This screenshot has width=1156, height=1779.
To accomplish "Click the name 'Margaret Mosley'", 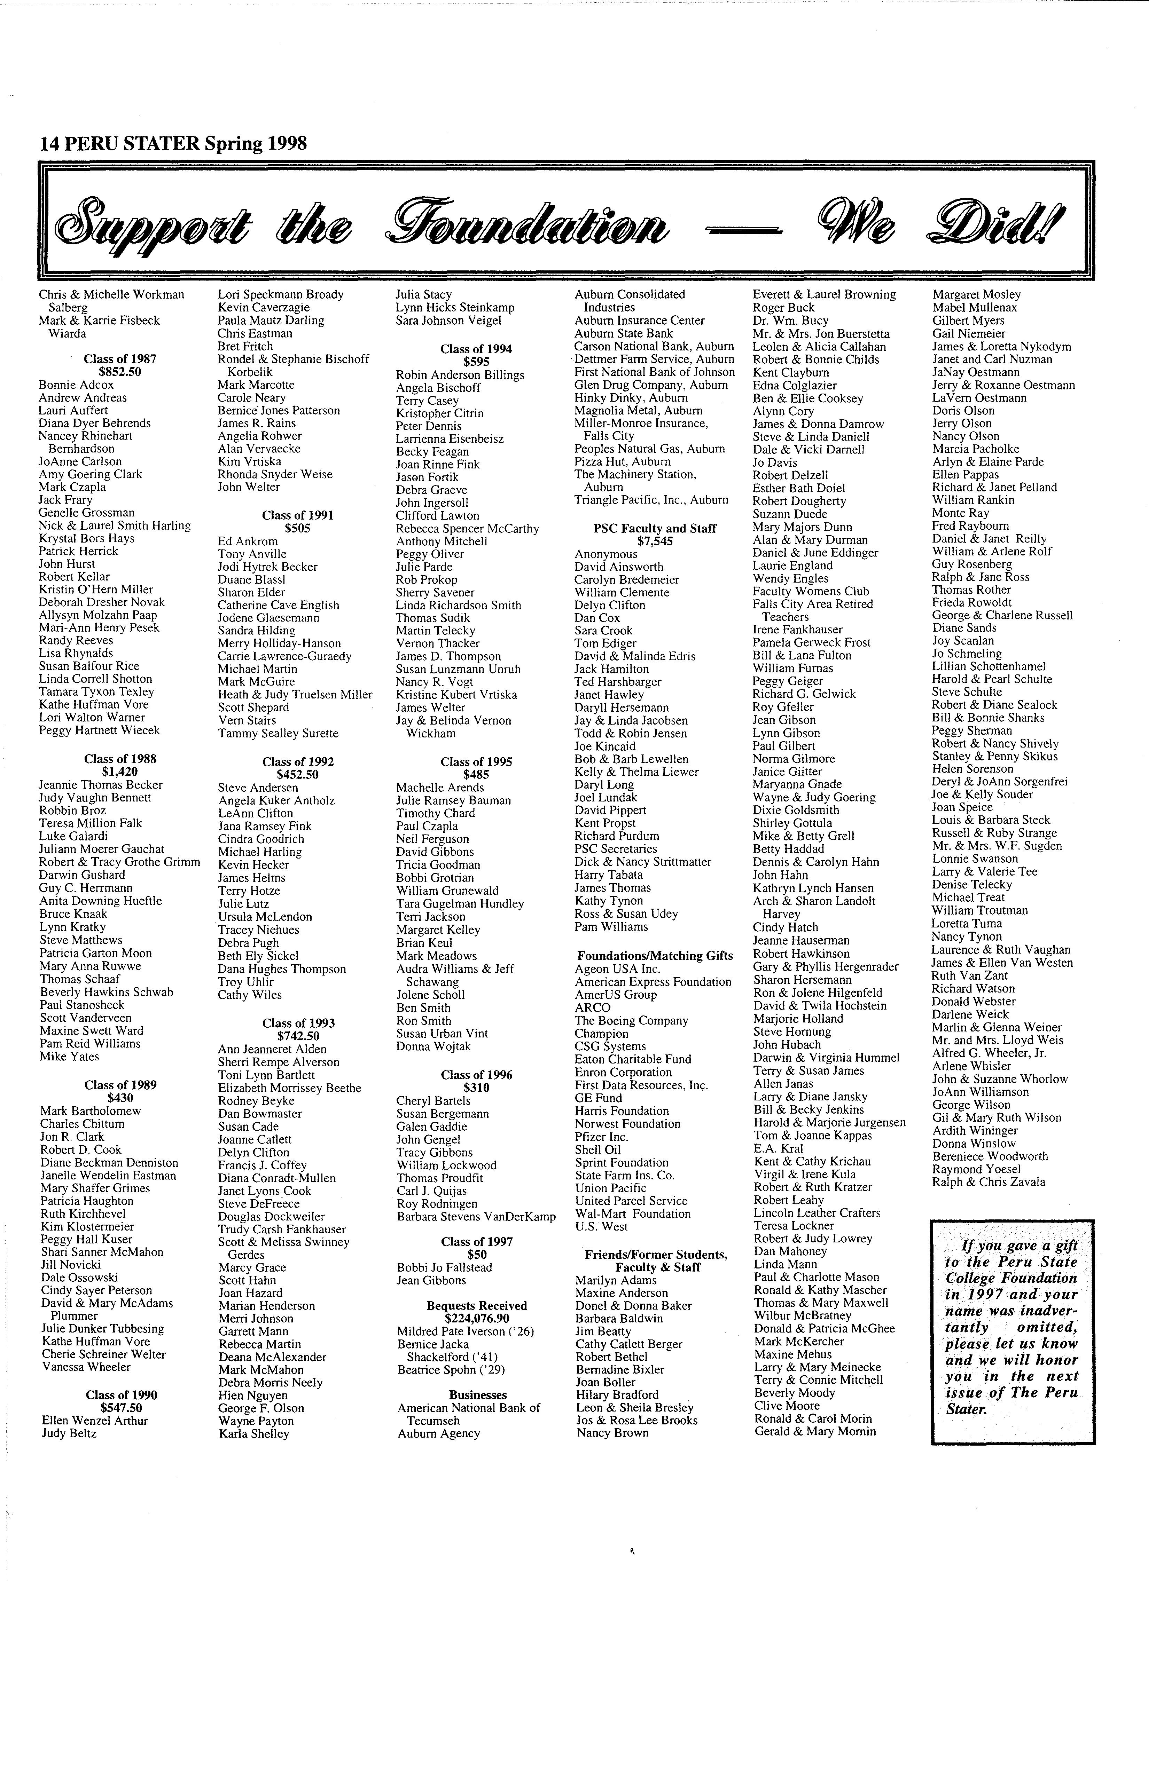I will tap(976, 294).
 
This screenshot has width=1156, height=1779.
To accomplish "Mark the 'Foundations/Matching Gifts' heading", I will tap(654, 955).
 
